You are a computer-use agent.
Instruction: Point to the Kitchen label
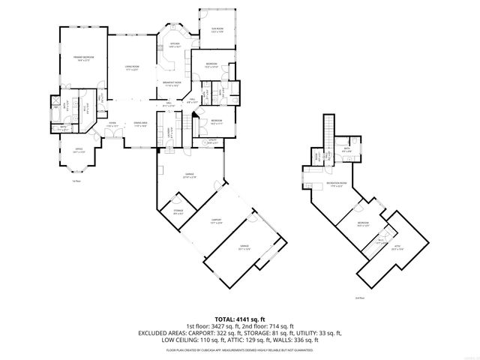(x=175, y=46)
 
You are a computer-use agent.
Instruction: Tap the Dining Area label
(x=140, y=124)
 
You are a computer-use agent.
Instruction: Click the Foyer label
(x=112, y=124)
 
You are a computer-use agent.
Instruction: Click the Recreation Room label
(x=337, y=184)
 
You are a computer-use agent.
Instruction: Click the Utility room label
(x=212, y=141)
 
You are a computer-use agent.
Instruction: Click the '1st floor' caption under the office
(x=76, y=181)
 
